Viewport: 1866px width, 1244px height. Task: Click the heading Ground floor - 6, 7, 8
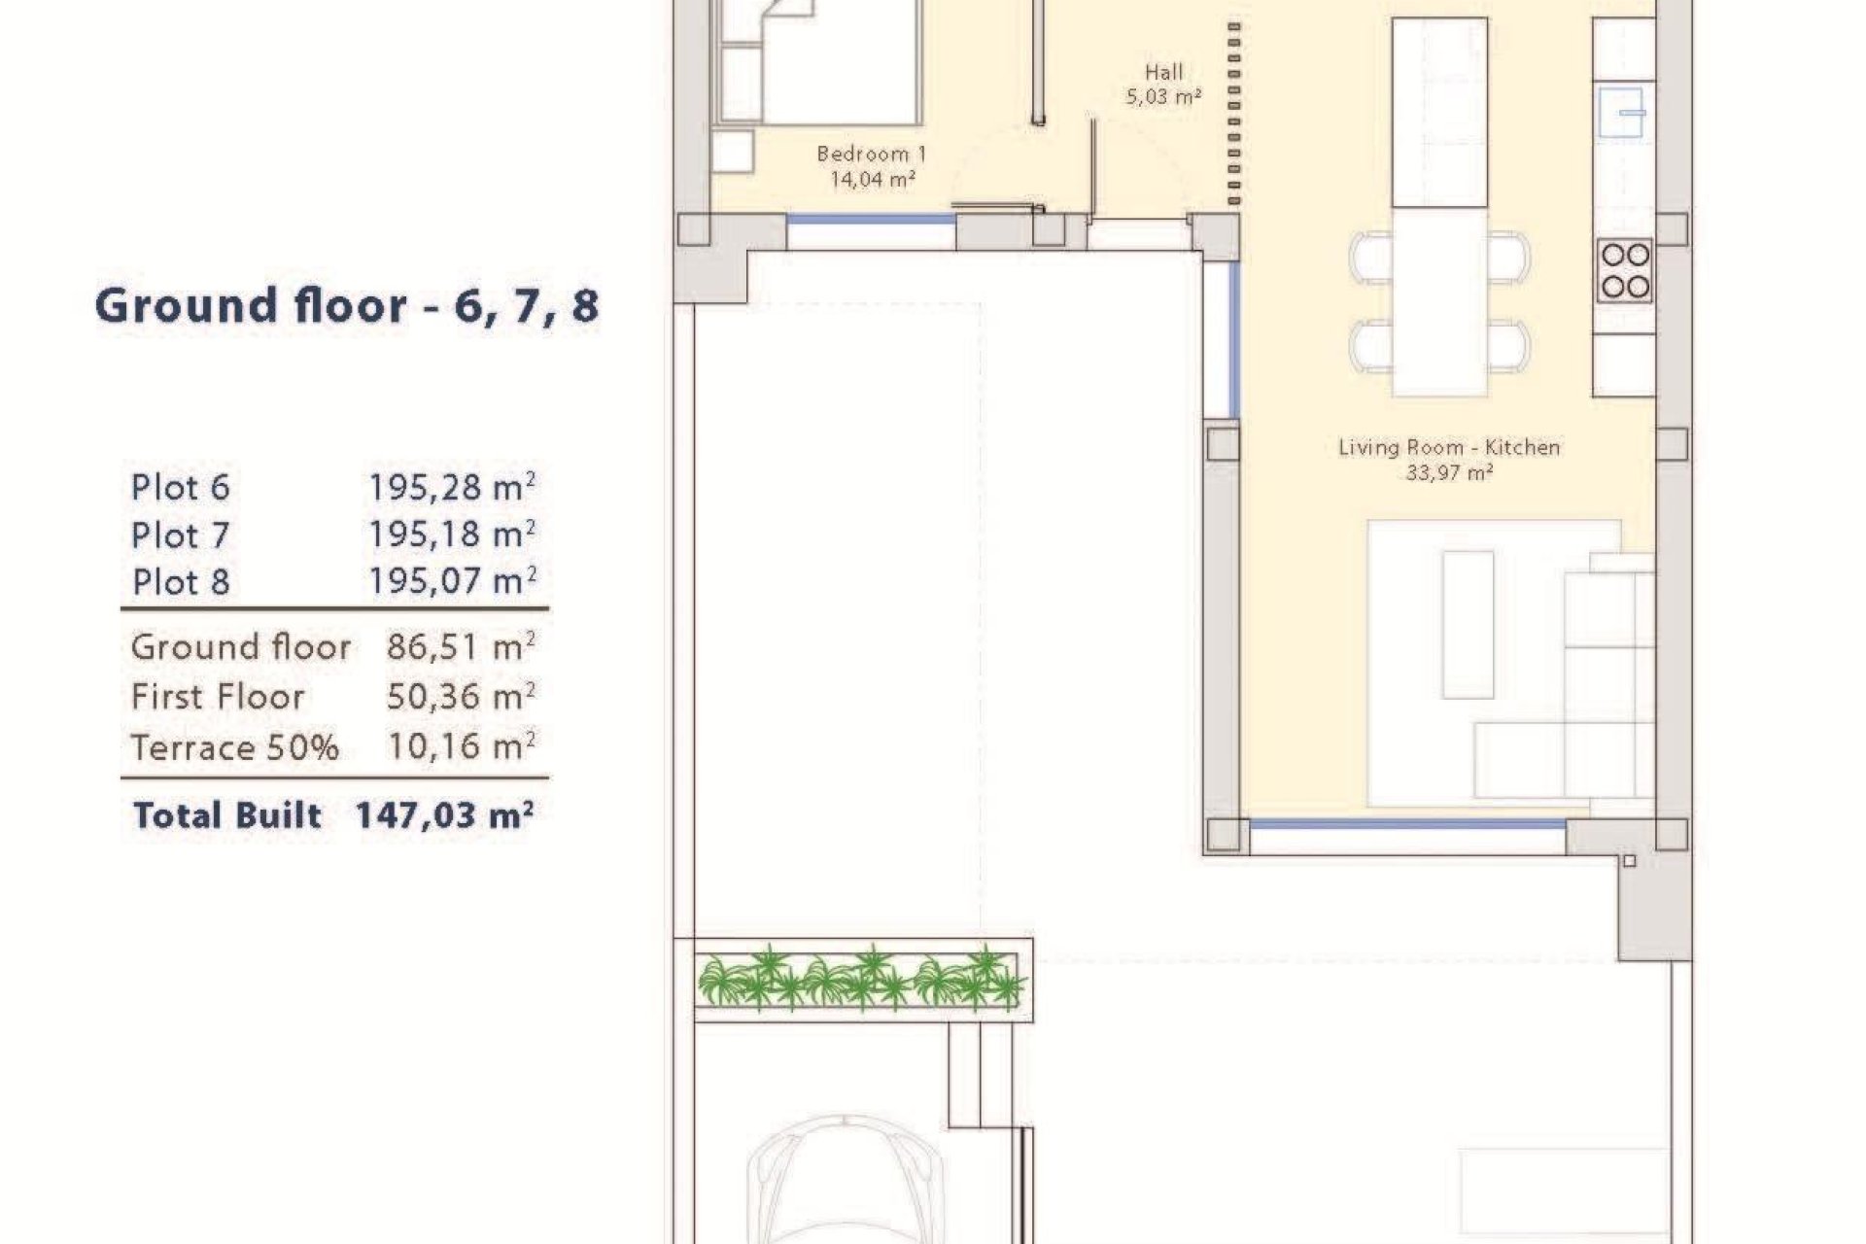pyautogui.click(x=347, y=306)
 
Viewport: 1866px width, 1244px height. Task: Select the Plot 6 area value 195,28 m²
pyautogui.click(x=452, y=488)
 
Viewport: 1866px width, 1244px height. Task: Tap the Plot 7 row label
pyautogui.click(x=180, y=536)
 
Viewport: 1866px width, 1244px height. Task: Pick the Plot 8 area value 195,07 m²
pyautogui.click(x=452, y=582)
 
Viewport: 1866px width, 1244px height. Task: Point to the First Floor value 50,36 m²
pyautogui.click(x=461, y=697)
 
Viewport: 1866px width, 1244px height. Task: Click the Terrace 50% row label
pyautogui.click(x=234, y=747)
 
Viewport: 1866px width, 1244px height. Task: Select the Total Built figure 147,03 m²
pyautogui.click(x=444, y=814)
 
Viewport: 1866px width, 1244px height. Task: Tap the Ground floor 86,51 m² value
pyautogui.click(x=461, y=647)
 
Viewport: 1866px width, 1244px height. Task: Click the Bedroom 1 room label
pyautogui.click(x=872, y=154)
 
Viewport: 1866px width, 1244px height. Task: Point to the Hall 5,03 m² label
pyautogui.click(x=1163, y=84)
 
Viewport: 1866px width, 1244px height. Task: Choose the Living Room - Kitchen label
pyautogui.click(x=1449, y=448)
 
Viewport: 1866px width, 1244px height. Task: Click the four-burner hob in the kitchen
pyautogui.click(x=1625, y=270)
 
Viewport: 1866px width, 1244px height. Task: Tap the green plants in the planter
pyautogui.click(x=859, y=978)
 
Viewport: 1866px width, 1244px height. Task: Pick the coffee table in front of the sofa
pyautogui.click(x=1468, y=624)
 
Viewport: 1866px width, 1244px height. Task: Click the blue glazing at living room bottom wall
pyautogui.click(x=1406, y=824)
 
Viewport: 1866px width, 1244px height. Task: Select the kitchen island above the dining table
pyautogui.click(x=1439, y=112)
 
